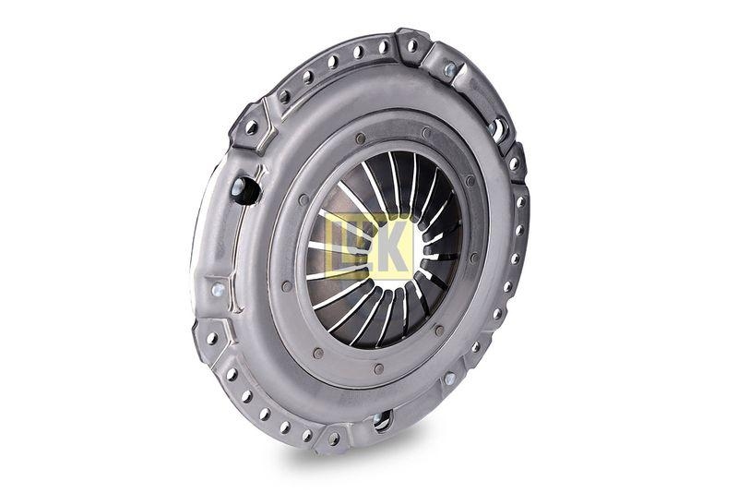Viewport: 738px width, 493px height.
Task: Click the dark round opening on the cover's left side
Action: coord(244,189)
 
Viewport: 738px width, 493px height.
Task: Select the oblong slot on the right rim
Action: coord(499,130)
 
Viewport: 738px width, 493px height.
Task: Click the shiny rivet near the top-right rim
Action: coord(449,69)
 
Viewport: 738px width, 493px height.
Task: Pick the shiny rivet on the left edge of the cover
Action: coord(218,290)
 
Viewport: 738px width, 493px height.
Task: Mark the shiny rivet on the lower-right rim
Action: coord(449,378)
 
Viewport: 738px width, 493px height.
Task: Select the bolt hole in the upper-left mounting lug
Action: coord(251,127)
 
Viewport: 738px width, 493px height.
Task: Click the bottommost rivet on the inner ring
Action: coord(378,369)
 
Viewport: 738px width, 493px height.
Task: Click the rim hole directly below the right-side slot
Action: coord(514,163)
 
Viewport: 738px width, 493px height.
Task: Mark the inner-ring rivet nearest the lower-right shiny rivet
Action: coord(438,331)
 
